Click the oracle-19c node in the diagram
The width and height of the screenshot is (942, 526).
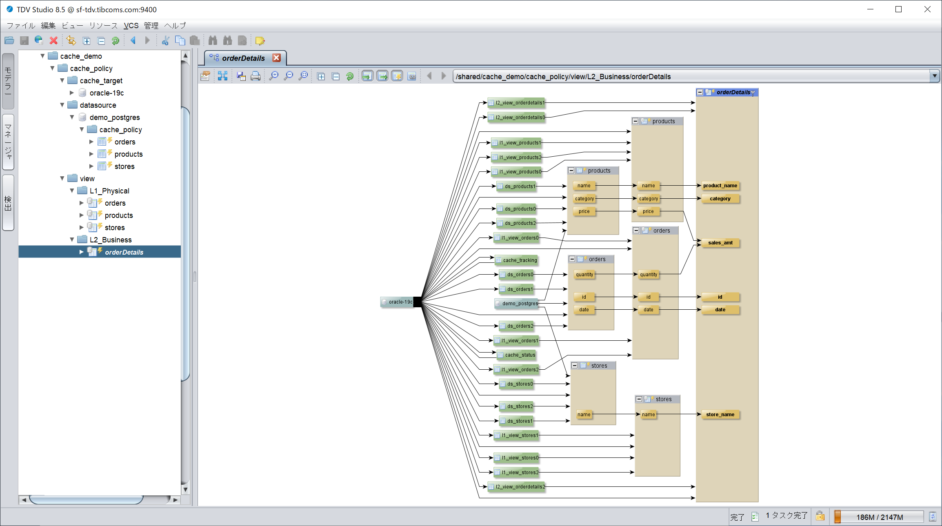397,302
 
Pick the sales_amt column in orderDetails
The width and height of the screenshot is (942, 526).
720,243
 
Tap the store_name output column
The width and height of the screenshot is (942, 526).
720,415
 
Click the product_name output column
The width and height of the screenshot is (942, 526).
720,186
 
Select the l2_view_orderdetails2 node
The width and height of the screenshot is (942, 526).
516,487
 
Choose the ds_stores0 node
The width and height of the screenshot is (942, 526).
516,384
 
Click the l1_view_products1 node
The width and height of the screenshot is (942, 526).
516,143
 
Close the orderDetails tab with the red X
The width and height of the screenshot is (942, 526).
276,58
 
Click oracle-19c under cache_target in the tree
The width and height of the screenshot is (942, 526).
107,93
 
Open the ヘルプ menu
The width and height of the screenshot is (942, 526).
175,25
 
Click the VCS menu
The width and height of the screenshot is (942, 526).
131,25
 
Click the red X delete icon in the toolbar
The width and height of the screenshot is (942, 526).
53,40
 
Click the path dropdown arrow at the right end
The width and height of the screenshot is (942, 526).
934,76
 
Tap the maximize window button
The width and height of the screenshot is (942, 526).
898,9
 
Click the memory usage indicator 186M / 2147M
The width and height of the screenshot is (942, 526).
880,517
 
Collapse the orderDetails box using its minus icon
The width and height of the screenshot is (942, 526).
700,92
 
